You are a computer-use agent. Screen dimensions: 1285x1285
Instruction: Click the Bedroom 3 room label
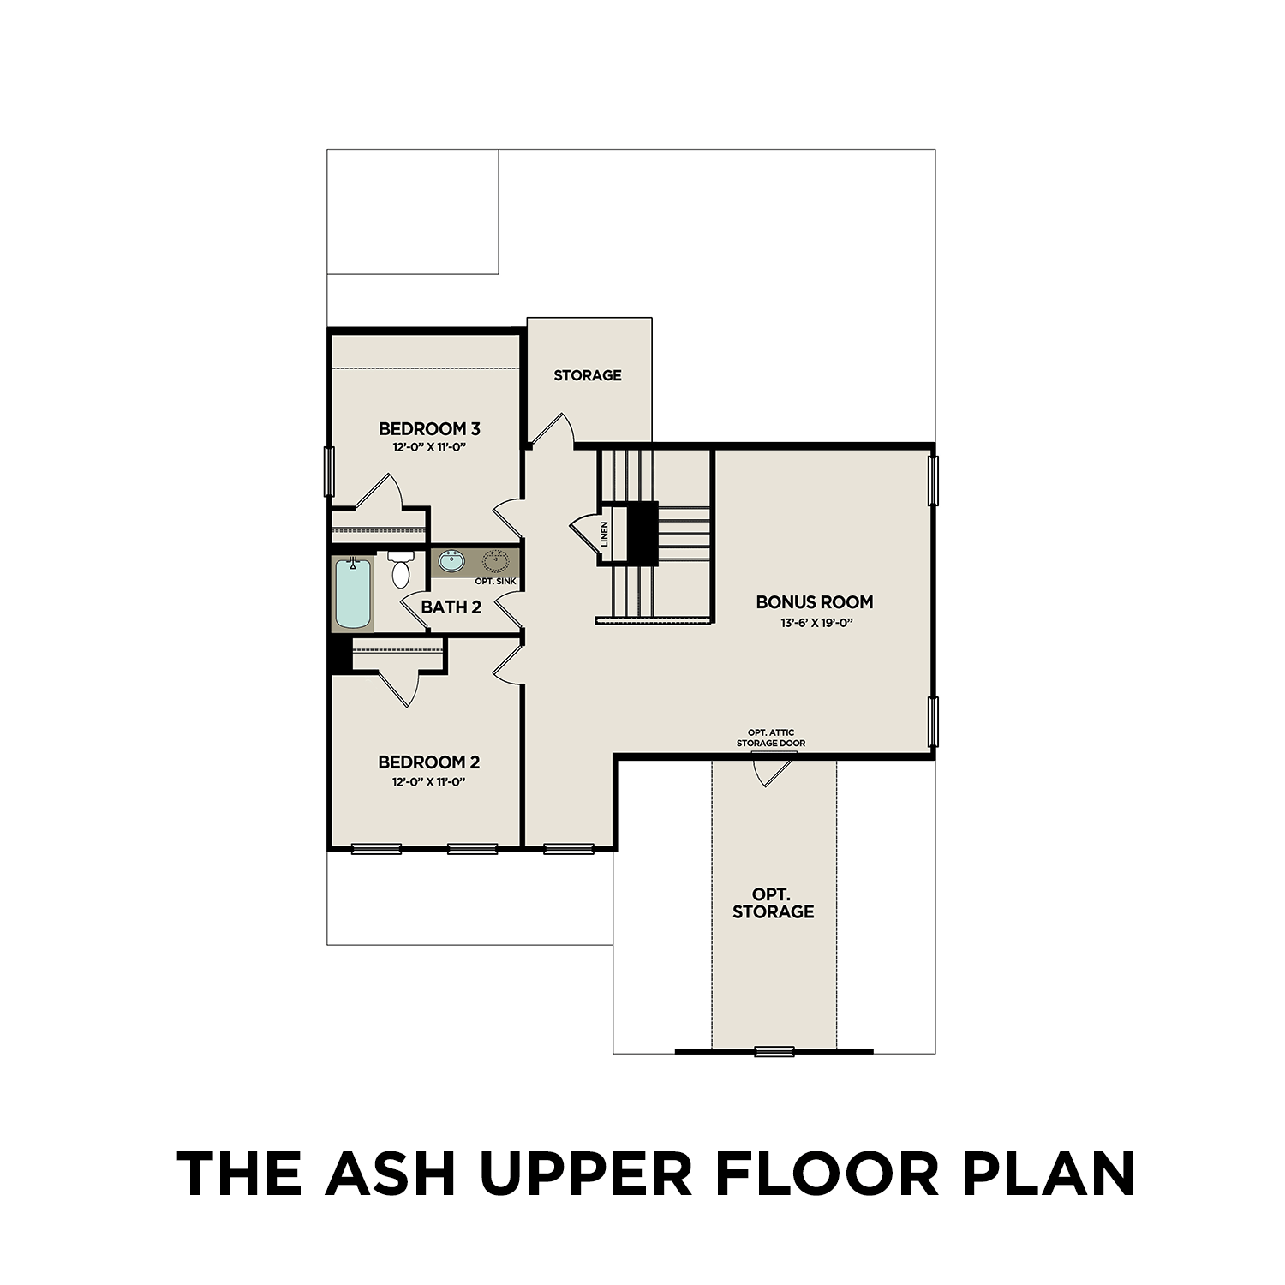coord(429,428)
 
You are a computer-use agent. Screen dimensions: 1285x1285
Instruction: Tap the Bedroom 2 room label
coord(429,762)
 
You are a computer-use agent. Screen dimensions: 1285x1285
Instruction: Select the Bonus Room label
coord(815,602)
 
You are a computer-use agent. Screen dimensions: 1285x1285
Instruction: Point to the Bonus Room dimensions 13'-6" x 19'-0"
coord(815,623)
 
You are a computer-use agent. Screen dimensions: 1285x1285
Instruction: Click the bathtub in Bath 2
coord(353,594)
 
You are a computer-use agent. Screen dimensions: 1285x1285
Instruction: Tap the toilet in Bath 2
coord(401,570)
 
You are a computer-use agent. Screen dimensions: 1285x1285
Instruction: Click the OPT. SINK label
coord(495,582)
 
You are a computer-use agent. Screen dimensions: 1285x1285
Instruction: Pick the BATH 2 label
coord(451,607)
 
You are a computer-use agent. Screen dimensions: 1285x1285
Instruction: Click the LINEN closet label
coord(605,535)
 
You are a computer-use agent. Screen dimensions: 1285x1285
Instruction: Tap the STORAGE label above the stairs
coord(588,375)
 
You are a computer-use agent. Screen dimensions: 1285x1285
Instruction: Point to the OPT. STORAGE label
coord(773,904)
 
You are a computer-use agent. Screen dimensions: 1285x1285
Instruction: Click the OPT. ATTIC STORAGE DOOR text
coord(771,738)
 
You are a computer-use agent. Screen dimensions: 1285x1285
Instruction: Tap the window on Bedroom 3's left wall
coord(328,471)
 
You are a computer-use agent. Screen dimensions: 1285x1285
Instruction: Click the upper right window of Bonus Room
coord(934,481)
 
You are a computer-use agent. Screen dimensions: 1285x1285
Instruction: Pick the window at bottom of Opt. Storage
coord(774,1051)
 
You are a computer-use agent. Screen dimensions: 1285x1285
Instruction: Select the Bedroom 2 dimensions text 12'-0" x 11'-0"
coord(429,782)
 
